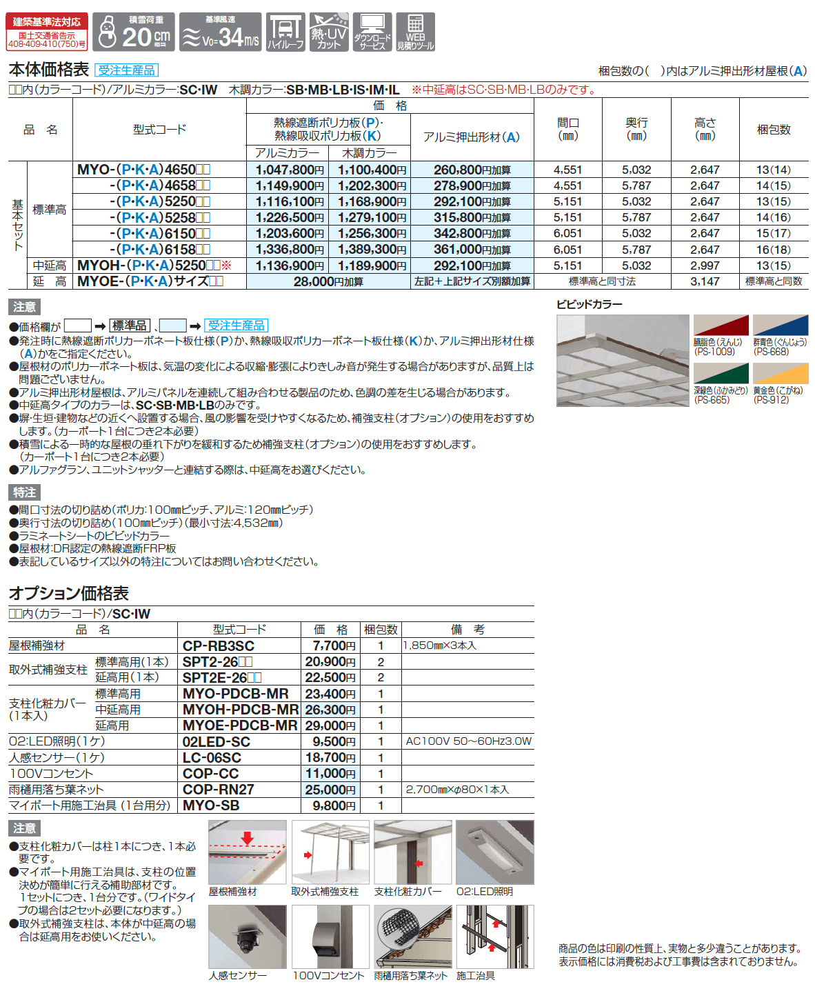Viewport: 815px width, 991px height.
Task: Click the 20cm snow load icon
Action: coord(134,32)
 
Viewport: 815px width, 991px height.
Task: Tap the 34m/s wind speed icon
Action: coord(220,32)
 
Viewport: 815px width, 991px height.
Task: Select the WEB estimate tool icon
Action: coord(415,32)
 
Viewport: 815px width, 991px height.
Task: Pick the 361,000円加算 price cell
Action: coord(472,250)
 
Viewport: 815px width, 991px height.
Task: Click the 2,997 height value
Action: coord(705,266)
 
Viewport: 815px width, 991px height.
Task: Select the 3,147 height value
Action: coord(705,281)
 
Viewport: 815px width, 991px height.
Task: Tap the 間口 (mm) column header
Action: coord(567,129)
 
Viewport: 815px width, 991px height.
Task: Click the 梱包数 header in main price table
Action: coord(774,129)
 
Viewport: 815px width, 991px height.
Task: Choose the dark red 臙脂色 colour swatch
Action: coord(721,325)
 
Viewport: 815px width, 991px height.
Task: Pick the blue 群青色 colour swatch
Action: coord(780,325)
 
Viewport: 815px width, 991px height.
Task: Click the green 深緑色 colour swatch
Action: coord(721,373)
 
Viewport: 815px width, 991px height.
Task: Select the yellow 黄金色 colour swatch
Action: coord(780,373)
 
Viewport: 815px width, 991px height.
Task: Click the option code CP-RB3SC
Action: coord(218,646)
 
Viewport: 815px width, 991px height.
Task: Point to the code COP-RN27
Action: coord(218,790)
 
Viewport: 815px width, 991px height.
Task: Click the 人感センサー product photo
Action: coord(247,937)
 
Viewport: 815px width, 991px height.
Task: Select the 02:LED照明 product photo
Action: coord(494,852)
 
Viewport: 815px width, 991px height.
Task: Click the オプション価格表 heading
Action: coord(68,593)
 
